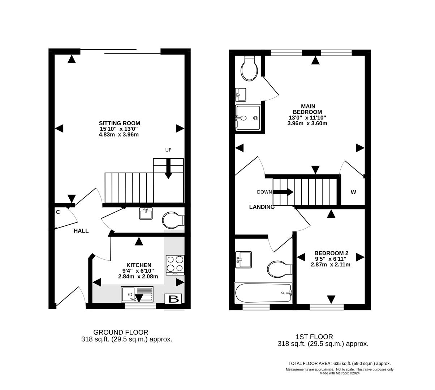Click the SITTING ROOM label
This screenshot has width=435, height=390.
click(120, 123)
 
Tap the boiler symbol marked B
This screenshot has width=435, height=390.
click(173, 299)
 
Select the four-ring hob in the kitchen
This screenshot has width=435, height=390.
click(175, 264)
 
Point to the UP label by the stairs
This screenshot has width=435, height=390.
click(168, 150)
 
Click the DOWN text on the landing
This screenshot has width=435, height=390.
click(264, 192)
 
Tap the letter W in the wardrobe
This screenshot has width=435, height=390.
click(353, 192)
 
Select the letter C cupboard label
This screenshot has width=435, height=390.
click(58, 212)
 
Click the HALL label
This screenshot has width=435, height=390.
click(81, 231)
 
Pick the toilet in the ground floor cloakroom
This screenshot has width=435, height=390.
click(173, 220)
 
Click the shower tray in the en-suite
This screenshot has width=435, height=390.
click(248, 117)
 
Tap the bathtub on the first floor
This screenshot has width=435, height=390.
click(263, 293)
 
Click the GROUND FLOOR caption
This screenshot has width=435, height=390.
click(121, 332)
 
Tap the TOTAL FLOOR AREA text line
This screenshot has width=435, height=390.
click(339, 364)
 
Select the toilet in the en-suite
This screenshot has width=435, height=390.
click(250, 69)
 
